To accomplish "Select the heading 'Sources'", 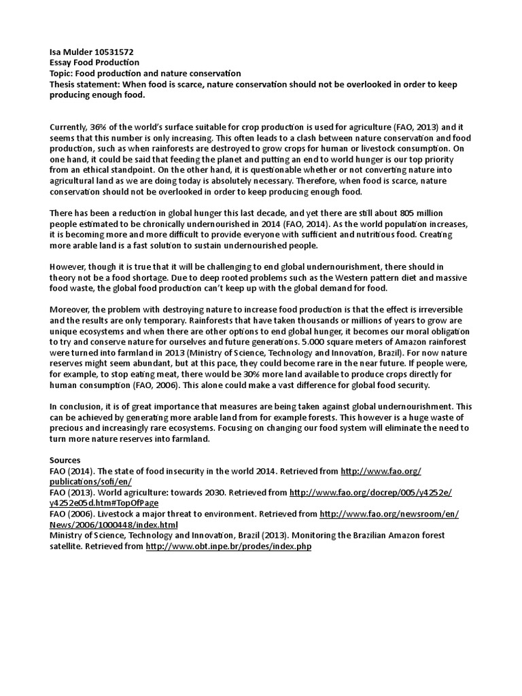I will tap(65, 460).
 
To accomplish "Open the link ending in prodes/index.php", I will tap(228, 546).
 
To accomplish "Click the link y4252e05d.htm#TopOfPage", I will tap(104, 503).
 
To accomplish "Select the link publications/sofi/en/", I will tap(91, 481).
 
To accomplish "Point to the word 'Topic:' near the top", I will tap(61, 73).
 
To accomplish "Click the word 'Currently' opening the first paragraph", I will tap(69, 127).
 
